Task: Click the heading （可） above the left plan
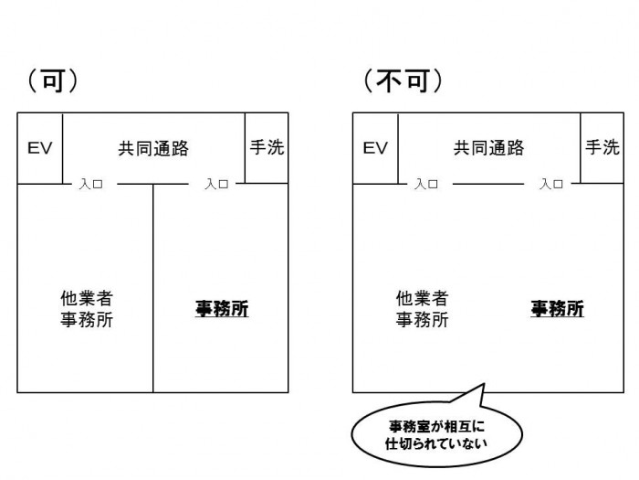tap(52, 80)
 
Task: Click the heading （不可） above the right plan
tap(403, 80)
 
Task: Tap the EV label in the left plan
tap(39, 148)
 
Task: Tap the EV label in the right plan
tap(375, 148)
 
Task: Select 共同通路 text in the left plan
tap(153, 148)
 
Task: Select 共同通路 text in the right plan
tap(489, 148)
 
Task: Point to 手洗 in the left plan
tap(267, 147)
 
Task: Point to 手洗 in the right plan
tap(602, 147)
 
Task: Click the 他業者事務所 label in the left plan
tap(85, 309)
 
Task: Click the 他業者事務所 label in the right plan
tap(422, 309)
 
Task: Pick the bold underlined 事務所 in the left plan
tap(221, 309)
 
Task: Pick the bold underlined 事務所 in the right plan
tap(557, 309)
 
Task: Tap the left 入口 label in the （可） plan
tap(90, 184)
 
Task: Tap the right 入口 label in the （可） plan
tap(216, 184)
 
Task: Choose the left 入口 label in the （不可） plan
tap(426, 184)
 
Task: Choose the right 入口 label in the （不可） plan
tap(551, 184)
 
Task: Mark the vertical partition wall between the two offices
tap(152, 288)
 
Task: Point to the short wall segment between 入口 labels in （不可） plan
tap(488, 184)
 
